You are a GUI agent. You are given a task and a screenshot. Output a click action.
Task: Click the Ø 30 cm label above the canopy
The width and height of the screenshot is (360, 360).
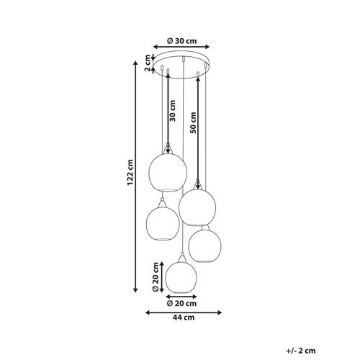click(184, 41)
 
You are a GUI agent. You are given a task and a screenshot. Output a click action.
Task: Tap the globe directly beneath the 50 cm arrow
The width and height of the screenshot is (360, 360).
click(198, 207)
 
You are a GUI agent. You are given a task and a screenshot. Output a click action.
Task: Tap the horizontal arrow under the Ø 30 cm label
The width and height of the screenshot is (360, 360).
click(184, 49)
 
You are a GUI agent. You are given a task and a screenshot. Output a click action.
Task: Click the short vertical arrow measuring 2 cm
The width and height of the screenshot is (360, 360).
click(153, 63)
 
